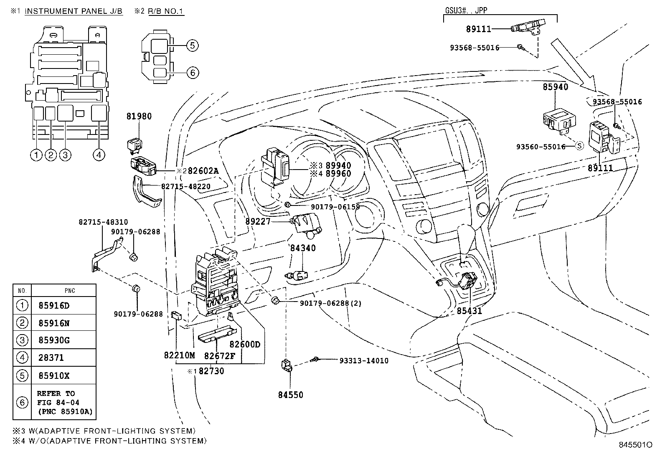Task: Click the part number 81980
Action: [x=139, y=117]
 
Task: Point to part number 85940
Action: [x=555, y=87]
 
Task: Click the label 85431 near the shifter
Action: [x=469, y=311]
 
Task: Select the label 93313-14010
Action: [x=363, y=360]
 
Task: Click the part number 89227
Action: [x=258, y=222]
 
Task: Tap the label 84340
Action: [x=303, y=248]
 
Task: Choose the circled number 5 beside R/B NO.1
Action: [x=192, y=46]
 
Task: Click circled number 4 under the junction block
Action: [x=98, y=155]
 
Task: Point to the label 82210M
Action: [x=179, y=355]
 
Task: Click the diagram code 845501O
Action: [x=635, y=445]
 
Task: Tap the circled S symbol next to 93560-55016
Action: [x=579, y=146]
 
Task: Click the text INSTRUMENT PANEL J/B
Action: [x=74, y=11]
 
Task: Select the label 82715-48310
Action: [x=103, y=223]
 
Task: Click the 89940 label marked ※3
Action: [x=338, y=166]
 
